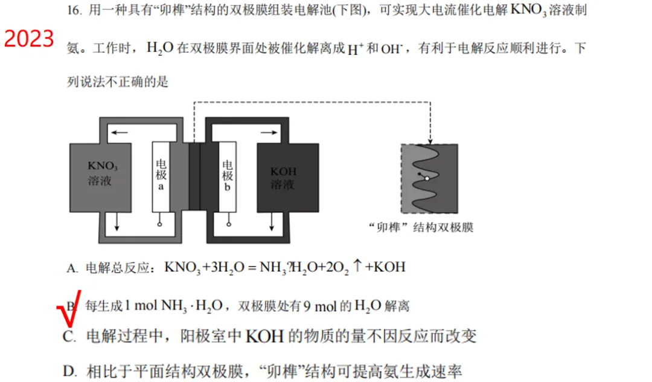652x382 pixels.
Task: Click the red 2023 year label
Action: [x=29, y=39]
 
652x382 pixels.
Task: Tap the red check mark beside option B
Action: [x=69, y=309]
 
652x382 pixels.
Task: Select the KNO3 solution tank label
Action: [x=102, y=173]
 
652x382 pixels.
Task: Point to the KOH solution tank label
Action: [x=284, y=178]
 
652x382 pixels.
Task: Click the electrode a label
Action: [x=161, y=175]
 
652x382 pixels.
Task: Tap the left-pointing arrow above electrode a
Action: [x=120, y=133]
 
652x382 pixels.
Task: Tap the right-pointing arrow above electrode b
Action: [x=269, y=133]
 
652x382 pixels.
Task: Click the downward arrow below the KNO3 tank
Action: [x=117, y=222]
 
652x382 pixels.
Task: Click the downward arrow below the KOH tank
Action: [x=272, y=222]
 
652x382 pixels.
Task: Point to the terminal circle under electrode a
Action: [x=159, y=224]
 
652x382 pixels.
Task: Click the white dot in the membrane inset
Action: [x=427, y=178]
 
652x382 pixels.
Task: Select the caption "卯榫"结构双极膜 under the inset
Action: [x=421, y=228]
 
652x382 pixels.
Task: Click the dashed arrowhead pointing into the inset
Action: [x=430, y=141]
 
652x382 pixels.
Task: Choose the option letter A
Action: [x=72, y=268]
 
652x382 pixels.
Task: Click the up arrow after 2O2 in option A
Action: [x=357, y=265]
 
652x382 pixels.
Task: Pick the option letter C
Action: [x=69, y=336]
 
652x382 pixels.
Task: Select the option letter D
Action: [x=69, y=371]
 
